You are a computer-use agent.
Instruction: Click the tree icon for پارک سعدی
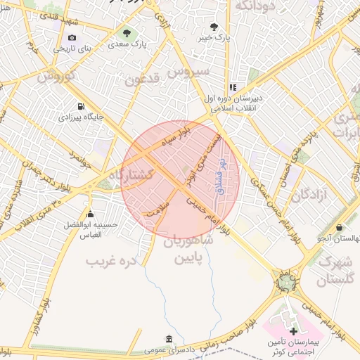tap(127, 33)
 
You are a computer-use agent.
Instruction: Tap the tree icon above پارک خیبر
tap(214, 27)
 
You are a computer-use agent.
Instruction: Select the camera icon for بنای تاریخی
tap(72, 38)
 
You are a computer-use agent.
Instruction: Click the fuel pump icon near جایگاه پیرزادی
tap(80, 107)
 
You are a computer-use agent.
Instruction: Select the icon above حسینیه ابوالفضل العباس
tap(89, 214)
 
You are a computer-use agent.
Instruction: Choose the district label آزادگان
tap(310, 194)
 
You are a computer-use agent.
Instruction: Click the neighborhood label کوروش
tap(51, 77)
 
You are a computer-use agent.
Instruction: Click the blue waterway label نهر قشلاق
tap(223, 176)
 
